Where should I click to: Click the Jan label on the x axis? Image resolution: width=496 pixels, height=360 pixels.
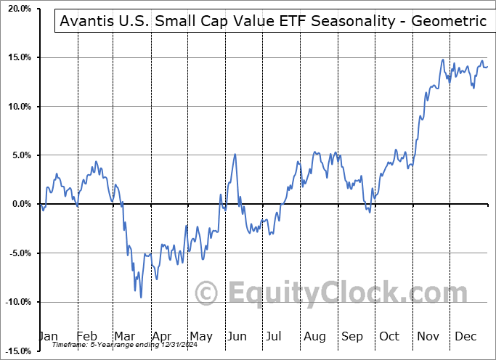click(48, 337)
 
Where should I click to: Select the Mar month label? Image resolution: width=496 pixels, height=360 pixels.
click(125, 337)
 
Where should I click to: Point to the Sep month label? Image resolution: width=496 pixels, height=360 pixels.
click(352, 337)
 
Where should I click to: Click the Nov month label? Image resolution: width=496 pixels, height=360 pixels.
click(428, 337)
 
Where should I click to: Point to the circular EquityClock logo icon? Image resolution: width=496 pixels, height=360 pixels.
click(207, 293)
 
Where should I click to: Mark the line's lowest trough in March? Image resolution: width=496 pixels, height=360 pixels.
click(141, 298)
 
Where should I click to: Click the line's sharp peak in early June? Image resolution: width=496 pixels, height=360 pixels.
click(235, 154)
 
